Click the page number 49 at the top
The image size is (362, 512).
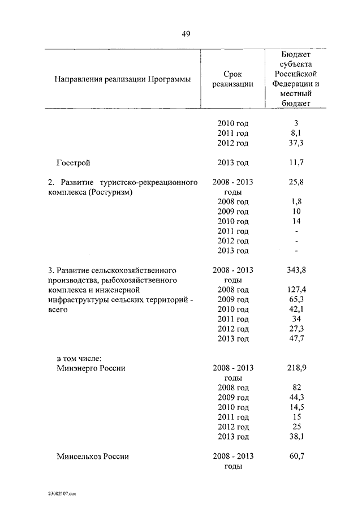coord(186,34)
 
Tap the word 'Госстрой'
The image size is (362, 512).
coord(74,163)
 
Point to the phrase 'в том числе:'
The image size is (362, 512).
coord(79,358)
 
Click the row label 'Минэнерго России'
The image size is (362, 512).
coord(90,368)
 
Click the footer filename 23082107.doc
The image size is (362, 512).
coord(62,494)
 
